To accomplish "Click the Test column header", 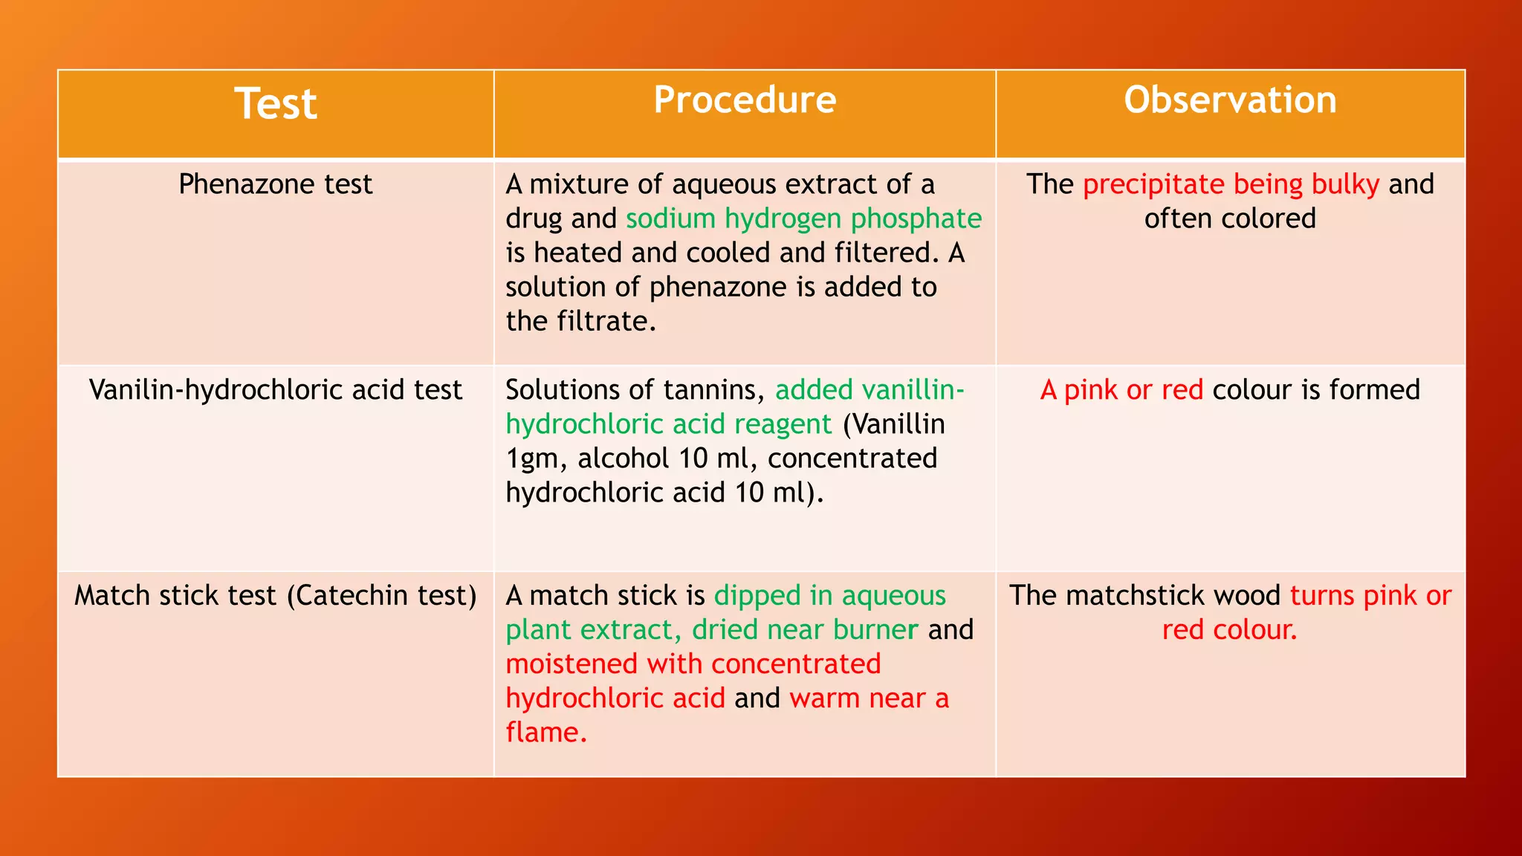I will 276,103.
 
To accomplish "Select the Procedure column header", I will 745,100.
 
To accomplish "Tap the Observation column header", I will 1230,100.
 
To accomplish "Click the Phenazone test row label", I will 275,184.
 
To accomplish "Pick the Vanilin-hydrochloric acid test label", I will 275,390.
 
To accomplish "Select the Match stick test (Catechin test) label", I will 275,596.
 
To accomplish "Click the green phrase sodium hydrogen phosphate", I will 803,218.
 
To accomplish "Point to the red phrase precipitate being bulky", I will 1231,184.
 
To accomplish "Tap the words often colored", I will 1230,218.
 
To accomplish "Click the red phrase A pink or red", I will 1121,390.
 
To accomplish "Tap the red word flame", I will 546,733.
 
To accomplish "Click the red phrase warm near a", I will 869,698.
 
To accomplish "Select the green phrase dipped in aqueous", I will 829,596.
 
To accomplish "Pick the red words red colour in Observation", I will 1229,630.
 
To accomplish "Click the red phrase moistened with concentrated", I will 693,664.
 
